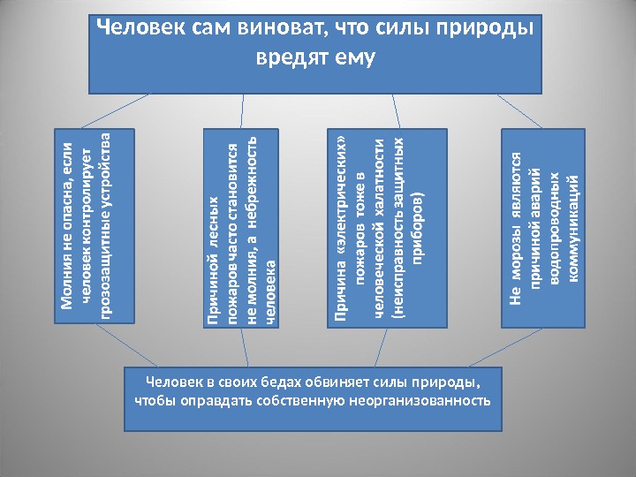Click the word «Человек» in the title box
[140, 29]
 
